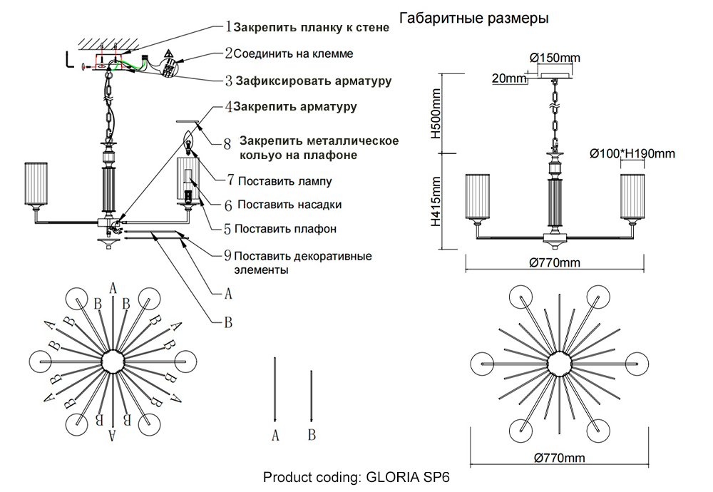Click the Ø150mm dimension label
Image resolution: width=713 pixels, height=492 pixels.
[555, 57]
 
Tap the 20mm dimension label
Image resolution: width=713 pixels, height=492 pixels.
[505, 78]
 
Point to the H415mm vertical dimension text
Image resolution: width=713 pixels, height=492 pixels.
[440, 202]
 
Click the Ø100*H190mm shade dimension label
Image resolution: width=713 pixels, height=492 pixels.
[632, 153]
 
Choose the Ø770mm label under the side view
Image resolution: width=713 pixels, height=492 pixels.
[555, 263]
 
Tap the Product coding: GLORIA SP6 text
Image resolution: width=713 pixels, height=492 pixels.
[356, 477]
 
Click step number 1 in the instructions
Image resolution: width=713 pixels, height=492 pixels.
[228, 28]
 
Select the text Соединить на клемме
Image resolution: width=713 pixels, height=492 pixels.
[293, 53]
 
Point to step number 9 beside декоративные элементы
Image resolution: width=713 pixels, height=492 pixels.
[227, 255]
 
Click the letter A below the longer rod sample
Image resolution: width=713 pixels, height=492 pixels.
[275, 435]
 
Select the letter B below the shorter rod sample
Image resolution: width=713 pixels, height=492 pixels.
[312, 435]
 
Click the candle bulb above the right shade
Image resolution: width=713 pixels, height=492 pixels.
[189, 143]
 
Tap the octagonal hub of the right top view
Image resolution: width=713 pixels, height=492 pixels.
[554, 362]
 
